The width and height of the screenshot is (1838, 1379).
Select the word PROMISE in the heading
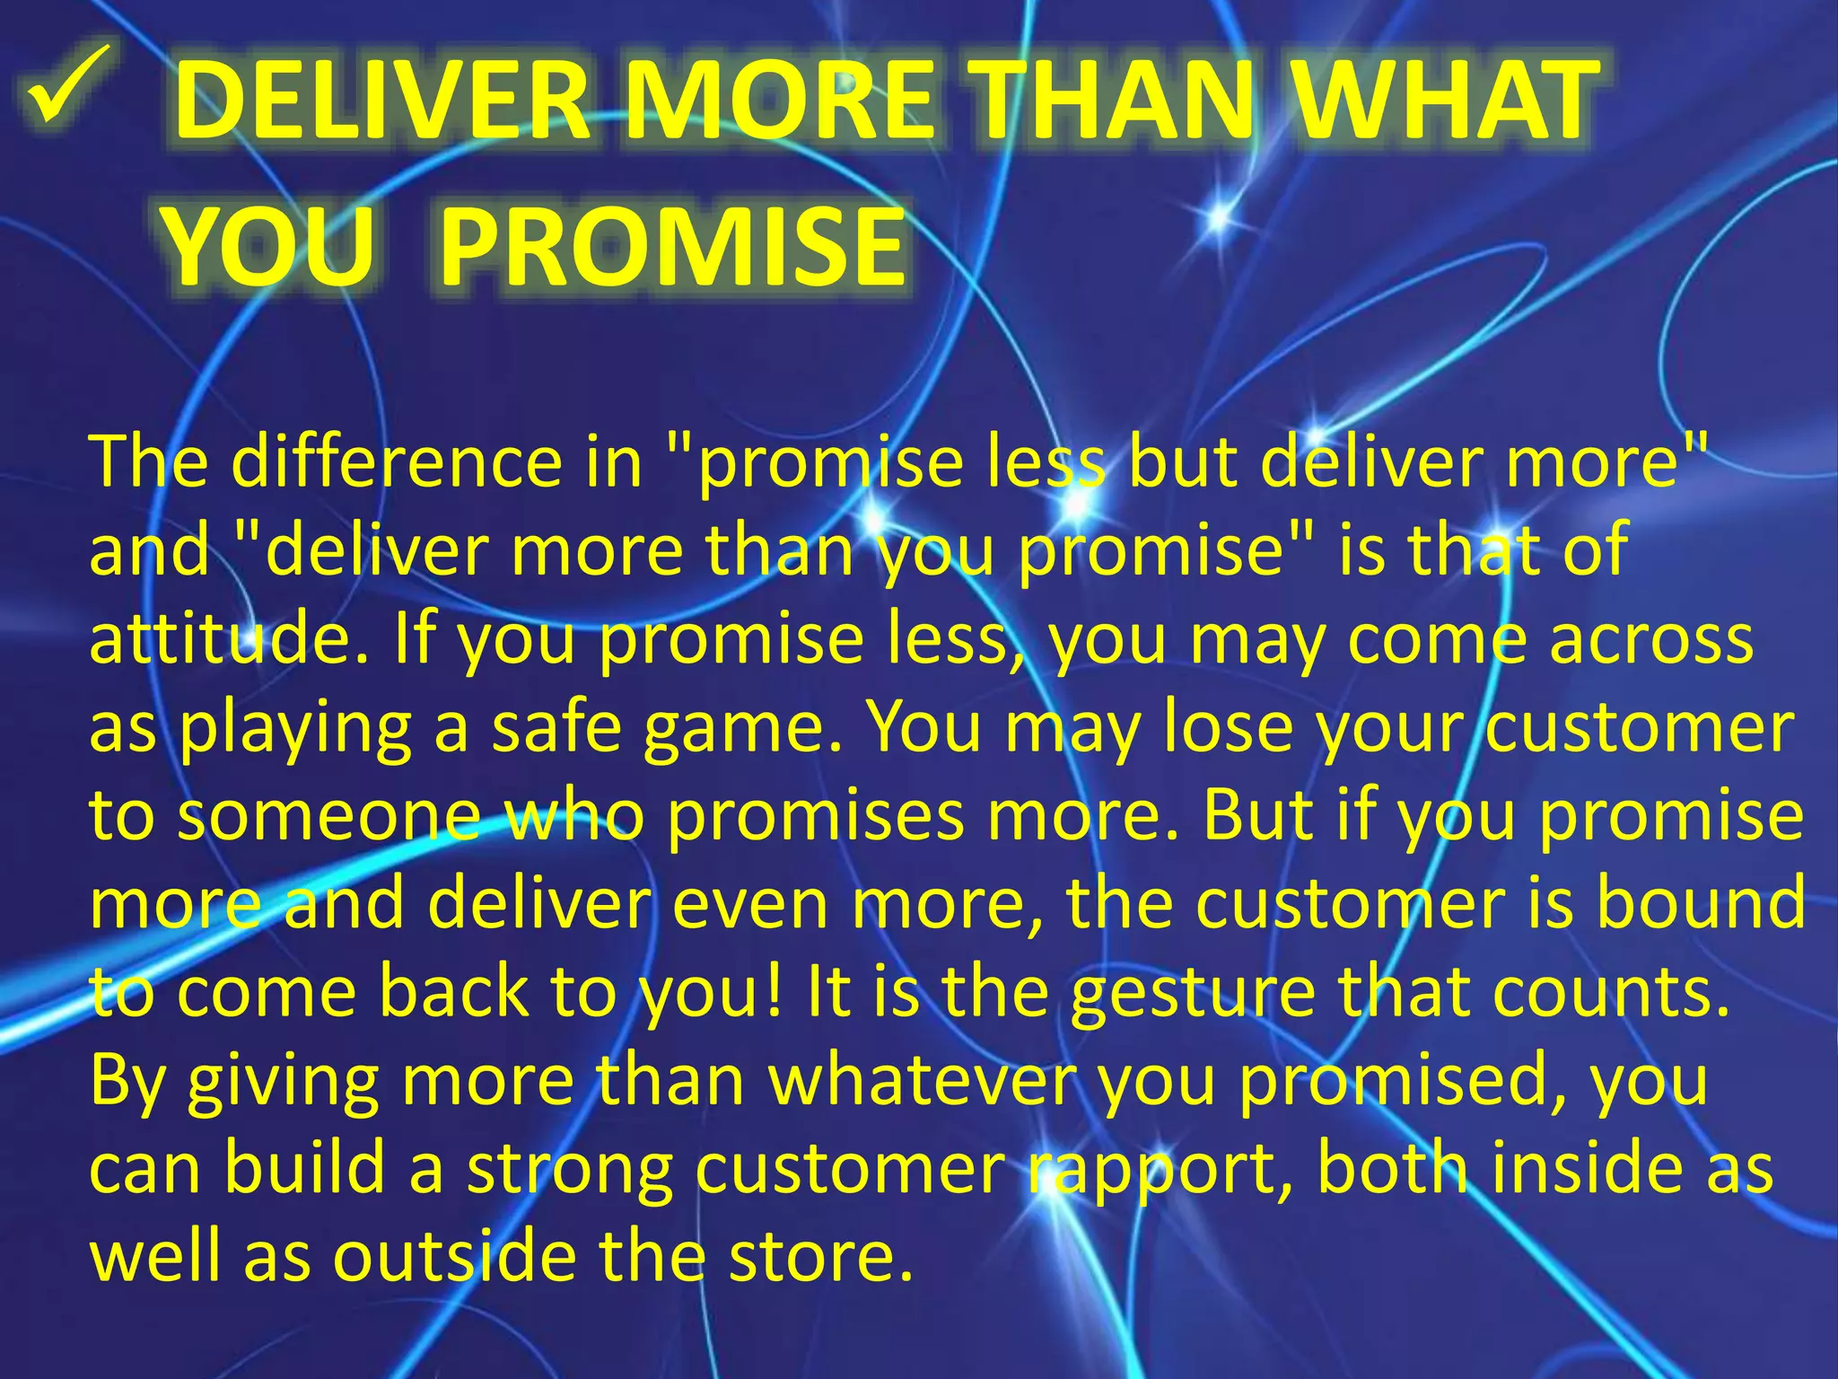coord(672,248)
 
